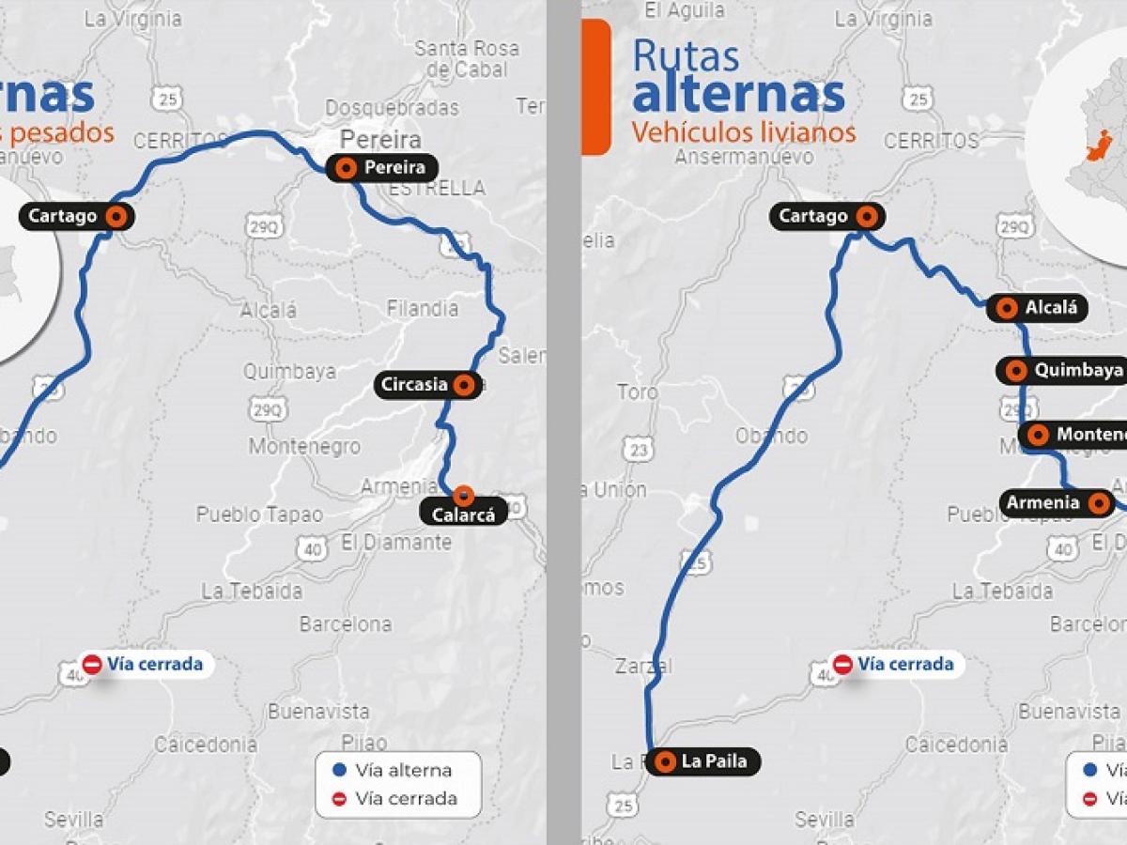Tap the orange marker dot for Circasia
click(x=463, y=384)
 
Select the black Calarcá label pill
click(x=466, y=512)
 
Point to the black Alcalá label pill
click(x=1038, y=307)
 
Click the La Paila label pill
click(x=703, y=761)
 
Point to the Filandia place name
click(x=423, y=308)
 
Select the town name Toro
click(x=638, y=392)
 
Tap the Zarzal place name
click(x=643, y=667)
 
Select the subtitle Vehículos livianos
click(x=743, y=132)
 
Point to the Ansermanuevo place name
click(x=744, y=157)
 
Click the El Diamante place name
click(x=395, y=542)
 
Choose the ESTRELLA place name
click(x=437, y=189)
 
